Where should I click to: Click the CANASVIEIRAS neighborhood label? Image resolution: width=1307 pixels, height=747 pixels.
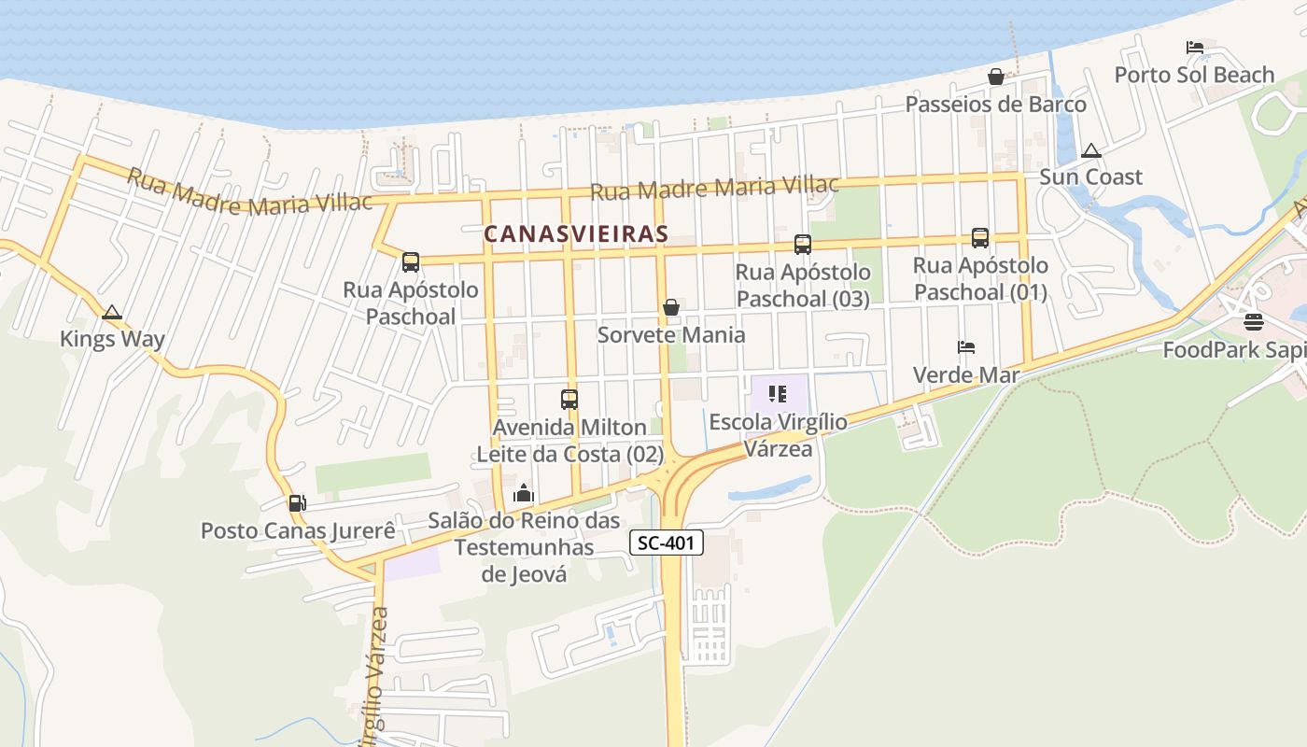pos(576,233)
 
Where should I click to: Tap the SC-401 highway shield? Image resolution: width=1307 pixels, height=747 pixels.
pos(666,543)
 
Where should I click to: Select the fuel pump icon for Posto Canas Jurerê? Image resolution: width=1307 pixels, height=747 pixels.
pos(297,503)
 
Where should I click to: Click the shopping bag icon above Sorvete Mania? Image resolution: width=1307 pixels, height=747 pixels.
pos(670,307)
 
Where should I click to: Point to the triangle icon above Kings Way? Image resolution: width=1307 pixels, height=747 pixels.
pos(112,313)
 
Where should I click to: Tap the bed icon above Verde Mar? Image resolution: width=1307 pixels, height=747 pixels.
pos(966,347)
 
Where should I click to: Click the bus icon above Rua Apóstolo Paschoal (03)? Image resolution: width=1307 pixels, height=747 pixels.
pos(802,245)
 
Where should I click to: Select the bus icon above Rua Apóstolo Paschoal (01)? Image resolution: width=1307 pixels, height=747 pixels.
pos(979,238)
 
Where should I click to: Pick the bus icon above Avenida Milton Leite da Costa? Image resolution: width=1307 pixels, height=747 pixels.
pos(569,400)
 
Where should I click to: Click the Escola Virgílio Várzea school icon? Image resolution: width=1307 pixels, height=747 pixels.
pos(777,394)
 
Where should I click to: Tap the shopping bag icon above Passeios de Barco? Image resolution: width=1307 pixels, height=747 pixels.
pos(996,77)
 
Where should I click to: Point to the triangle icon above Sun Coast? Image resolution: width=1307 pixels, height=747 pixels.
pos(1090,150)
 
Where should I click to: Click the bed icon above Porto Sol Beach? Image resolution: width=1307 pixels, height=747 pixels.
pos(1194,48)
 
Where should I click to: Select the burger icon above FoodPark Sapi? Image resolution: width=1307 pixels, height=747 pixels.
pos(1253,323)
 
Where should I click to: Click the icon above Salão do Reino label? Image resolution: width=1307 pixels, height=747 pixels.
pos(524,493)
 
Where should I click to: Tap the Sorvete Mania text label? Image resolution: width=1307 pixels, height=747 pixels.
pos(671,334)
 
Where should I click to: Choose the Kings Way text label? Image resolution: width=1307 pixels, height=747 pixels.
pos(112,339)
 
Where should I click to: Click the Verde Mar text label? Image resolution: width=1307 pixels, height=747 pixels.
pos(965,374)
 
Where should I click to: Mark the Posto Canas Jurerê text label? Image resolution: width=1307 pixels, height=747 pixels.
pos(298,530)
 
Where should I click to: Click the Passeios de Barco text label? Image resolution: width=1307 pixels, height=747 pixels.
pos(995,104)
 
